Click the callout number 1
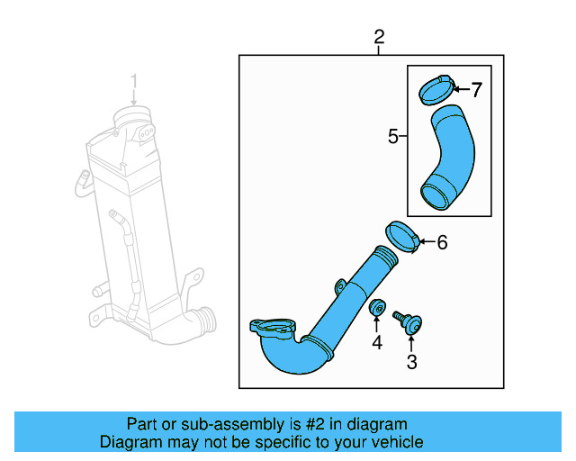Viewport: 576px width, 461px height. click(x=134, y=83)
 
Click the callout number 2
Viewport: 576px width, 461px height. click(x=379, y=37)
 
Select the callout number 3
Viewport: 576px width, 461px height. click(x=412, y=363)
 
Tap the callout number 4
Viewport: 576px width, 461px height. click(x=377, y=342)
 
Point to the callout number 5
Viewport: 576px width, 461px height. click(x=393, y=137)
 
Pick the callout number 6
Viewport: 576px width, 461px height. click(x=442, y=242)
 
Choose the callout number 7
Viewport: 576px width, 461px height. click(x=476, y=89)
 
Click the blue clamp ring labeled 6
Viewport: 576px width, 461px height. click(x=403, y=237)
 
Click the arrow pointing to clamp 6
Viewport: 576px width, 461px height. click(x=427, y=241)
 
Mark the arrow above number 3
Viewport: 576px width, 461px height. click(x=412, y=340)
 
